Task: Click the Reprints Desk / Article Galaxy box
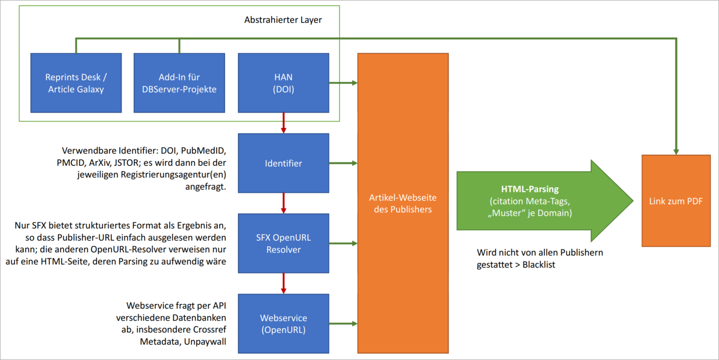coord(76,83)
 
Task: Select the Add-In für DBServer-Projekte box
coord(179,83)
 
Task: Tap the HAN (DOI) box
coord(284,83)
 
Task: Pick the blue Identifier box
coord(284,163)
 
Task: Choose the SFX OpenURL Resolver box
coord(284,243)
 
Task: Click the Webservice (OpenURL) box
coord(284,323)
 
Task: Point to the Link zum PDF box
coord(676,201)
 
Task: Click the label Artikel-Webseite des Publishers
coord(403,203)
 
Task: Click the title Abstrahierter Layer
coord(283,20)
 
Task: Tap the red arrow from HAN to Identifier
coord(284,123)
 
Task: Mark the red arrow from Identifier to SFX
coord(284,203)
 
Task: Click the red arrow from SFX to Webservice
coord(284,283)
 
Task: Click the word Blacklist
coord(539,265)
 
